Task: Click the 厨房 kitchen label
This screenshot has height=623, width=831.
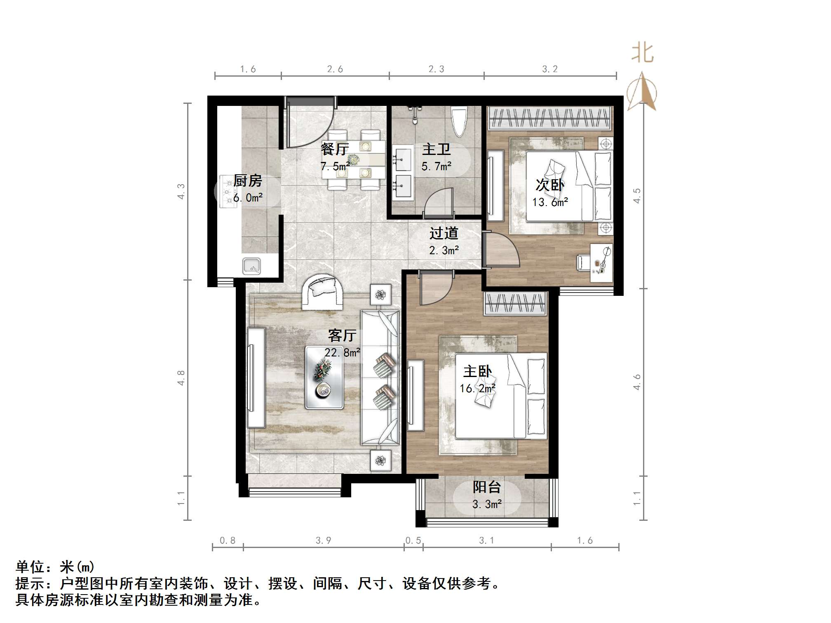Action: [x=248, y=180]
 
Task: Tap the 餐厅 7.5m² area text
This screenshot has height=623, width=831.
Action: [x=335, y=166]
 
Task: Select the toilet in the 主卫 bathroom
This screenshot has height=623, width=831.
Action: [x=459, y=122]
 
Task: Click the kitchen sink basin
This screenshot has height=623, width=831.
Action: [x=251, y=266]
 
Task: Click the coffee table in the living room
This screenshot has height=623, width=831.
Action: [x=324, y=377]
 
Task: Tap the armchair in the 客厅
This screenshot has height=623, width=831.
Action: [x=322, y=292]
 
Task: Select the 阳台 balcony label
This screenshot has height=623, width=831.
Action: [x=487, y=487]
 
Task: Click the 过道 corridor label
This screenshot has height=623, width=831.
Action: [x=444, y=233]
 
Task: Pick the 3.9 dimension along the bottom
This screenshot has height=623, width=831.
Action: [x=323, y=540]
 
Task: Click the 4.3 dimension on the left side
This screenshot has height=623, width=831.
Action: [x=181, y=191]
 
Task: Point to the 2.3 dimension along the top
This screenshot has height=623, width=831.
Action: [x=436, y=69]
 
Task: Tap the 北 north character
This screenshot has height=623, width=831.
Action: [x=643, y=54]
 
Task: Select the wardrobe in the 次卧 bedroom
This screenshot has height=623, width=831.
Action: [x=549, y=118]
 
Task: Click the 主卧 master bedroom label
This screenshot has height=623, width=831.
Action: [x=477, y=371]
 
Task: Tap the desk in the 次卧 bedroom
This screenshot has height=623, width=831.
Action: [x=601, y=263]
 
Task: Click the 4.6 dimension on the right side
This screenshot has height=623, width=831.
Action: [x=637, y=382]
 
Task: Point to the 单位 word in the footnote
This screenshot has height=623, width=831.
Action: [x=31, y=567]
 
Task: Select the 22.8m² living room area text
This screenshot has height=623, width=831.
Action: [x=342, y=353]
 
